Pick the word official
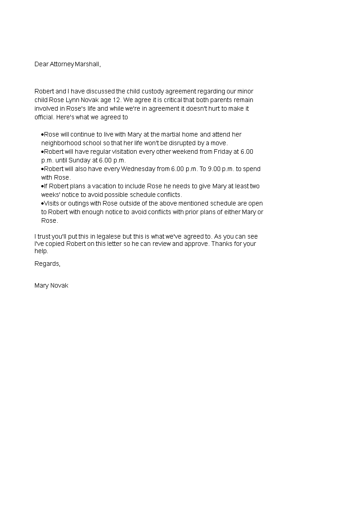click(44, 117)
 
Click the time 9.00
click(215, 169)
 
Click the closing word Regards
click(47, 264)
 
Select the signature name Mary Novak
click(51, 285)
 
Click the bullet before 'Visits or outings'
click(42, 203)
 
